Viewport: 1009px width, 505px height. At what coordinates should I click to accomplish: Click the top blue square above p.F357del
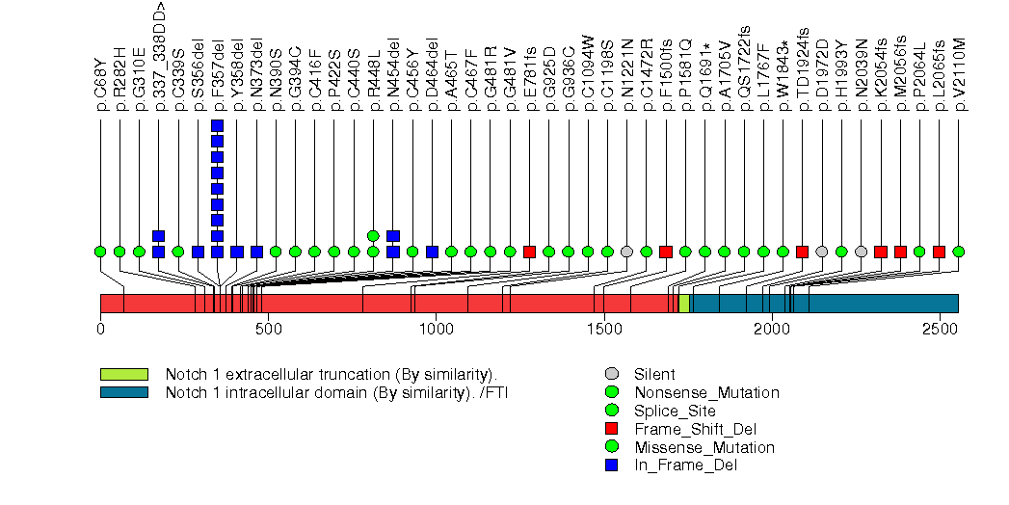click(x=217, y=126)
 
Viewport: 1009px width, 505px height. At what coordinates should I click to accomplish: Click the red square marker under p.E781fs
click(x=529, y=252)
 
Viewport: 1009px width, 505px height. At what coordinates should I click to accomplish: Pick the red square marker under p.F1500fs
click(x=666, y=252)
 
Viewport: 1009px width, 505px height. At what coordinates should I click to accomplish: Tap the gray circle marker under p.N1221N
click(x=626, y=252)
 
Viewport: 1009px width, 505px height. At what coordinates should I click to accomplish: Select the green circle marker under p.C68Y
click(x=100, y=252)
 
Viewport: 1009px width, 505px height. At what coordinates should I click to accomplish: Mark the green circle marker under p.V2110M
click(x=959, y=252)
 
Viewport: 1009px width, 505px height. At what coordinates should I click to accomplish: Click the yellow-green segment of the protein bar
click(x=683, y=304)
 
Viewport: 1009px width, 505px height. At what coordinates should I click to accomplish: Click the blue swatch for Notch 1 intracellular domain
click(x=123, y=392)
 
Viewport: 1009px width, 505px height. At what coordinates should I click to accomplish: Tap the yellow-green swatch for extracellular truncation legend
click(x=123, y=374)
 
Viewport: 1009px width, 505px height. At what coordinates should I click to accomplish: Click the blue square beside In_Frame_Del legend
click(x=611, y=465)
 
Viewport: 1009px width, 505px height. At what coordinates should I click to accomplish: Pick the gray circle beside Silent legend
click(x=611, y=374)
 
